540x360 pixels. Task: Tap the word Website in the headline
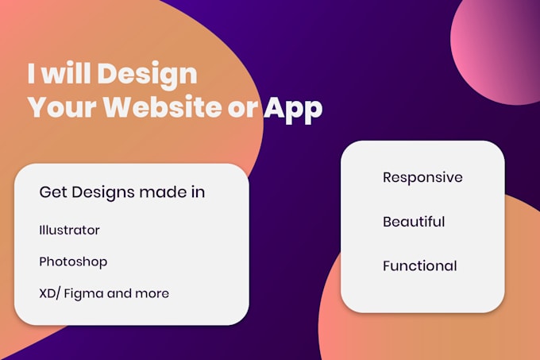(164, 107)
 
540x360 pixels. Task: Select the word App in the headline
(293, 110)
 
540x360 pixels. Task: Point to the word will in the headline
(67, 73)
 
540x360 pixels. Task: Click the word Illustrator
(69, 230)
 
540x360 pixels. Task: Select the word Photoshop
(73, 262)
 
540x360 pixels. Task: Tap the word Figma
(83, 294)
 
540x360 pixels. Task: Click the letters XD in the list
(47, 293)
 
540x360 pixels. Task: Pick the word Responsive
(422, 178)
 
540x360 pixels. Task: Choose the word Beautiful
(414, 222)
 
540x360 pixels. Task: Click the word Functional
(420, 265)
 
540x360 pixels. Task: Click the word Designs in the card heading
(103, 193)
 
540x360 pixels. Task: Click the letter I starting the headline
(31, 73)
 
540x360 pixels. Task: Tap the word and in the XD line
(119, 293)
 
